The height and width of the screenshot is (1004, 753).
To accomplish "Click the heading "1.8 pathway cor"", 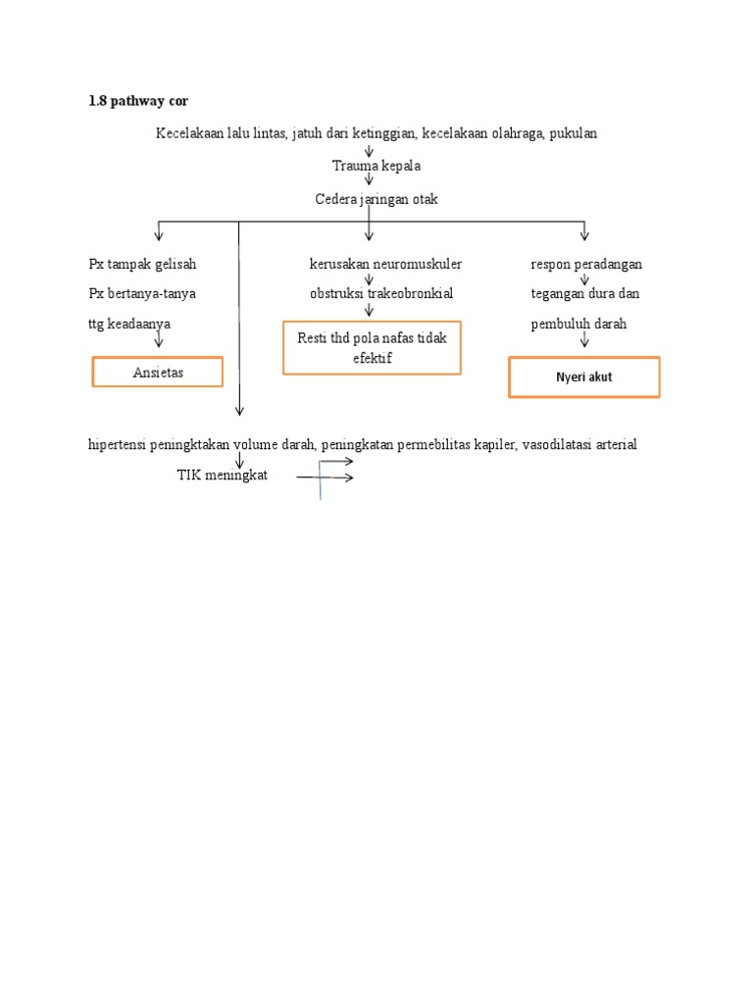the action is coord(136,101).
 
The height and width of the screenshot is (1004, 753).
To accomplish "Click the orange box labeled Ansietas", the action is coord(158,373).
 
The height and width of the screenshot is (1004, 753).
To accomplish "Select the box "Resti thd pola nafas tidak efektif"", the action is coord(372,347).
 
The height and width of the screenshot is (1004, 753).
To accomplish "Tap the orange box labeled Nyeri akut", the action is coord(583,377).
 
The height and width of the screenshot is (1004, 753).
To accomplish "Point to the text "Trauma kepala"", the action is coord(376,167).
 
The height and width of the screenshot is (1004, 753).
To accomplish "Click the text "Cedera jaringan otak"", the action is coord(376,199).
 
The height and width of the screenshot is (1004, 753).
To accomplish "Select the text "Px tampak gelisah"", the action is coord(142,265).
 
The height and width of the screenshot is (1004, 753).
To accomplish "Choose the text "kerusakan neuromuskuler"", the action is coord(385,265).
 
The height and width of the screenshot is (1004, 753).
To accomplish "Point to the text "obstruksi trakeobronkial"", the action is coord(381,293).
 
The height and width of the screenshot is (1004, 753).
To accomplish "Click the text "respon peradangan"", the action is coord(586,265).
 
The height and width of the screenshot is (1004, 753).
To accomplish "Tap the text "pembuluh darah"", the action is coord(578,324).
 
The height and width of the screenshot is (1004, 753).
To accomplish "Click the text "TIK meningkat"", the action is coord(222,476).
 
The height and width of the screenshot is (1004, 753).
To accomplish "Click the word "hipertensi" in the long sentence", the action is coord(118,445).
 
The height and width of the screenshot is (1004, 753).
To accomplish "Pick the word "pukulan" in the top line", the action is coord(574,133).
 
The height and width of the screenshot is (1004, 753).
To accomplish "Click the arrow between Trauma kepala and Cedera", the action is coord(369,182).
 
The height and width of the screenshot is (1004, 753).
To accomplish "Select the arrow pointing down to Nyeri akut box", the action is coord(584,339).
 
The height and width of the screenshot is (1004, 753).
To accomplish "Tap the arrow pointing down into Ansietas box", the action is coord(158,339).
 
